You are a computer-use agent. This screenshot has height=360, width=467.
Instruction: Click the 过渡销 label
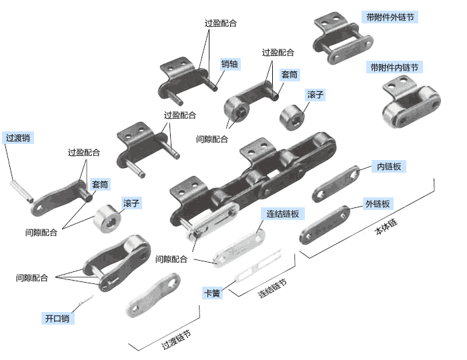(18, 139)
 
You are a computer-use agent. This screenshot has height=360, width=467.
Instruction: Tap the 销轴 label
(229, 64)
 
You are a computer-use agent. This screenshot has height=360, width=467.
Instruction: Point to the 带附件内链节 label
(395, 67)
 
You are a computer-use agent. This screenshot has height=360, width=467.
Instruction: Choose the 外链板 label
(377, 203)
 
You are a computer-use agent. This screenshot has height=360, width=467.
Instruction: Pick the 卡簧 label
(212, 293)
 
